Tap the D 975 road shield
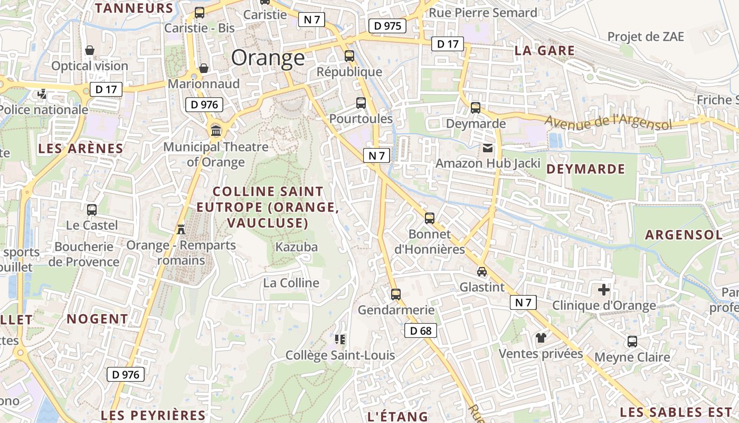(387, 25)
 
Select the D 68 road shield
(421, 331)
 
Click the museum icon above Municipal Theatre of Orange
(215, 130)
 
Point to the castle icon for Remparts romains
(181, 229)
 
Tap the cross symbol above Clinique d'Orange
(604, 290)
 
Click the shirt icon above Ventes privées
(541, 337)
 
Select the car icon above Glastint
(481, 272)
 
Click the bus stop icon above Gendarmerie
(396, 295)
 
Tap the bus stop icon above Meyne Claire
(632, 342)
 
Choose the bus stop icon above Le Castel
(92, 210)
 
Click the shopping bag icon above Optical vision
(90, 50)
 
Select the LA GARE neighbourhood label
(544, 51)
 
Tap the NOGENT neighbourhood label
(97, 319)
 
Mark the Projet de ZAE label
(646, 36)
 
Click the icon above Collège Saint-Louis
(340, 339)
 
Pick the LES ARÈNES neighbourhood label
(81, 149)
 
